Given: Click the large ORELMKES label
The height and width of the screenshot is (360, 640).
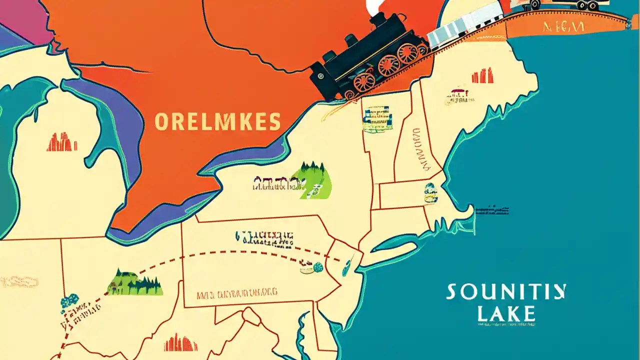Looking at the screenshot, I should click(217, 121).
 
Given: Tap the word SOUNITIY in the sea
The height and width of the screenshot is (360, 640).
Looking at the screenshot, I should click(506, 292).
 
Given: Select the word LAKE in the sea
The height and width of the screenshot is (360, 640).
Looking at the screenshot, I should click(506, 313).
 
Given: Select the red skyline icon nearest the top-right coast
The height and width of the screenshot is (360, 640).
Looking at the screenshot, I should click(482, 76).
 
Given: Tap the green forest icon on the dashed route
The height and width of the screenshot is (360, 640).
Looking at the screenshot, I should click(135, 283).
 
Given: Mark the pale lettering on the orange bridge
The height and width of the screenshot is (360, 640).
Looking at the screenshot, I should click(563, 26).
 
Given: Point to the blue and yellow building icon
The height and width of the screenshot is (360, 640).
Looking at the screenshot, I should click(377, 119).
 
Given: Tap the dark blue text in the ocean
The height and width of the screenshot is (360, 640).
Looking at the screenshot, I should click(492, 210).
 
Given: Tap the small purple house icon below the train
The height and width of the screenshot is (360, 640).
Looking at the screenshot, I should click(457, 94).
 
